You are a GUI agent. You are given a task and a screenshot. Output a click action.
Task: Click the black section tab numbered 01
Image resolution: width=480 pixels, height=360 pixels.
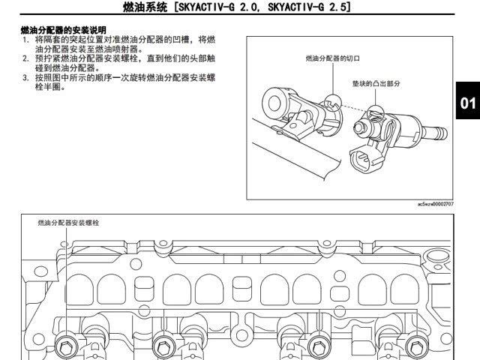pos(468,103)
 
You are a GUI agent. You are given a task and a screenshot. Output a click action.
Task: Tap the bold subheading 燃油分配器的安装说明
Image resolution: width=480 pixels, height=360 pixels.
pos(63,30)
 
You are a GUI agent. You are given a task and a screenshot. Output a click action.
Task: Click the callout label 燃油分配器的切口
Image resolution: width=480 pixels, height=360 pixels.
pos(333,58)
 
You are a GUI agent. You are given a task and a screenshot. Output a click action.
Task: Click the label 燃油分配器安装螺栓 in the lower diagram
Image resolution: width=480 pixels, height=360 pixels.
pos(69,223)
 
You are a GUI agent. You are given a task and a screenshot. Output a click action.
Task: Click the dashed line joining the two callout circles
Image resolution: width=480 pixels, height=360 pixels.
pos(353,107)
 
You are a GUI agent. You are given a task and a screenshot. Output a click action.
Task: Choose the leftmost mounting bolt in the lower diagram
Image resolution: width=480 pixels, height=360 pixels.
pos(65,346)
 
